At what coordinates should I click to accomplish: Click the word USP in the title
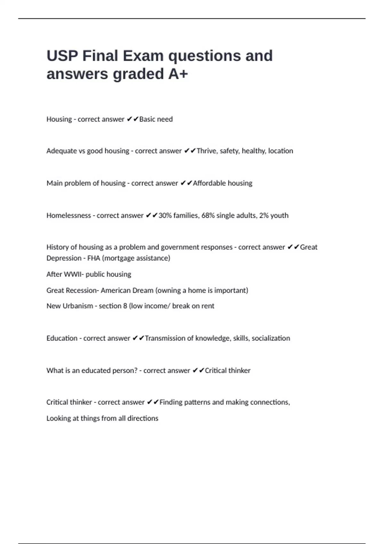pyautogui.click(x=62, y=56)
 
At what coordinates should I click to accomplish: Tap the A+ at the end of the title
pyautogui.click(x=178, y=74)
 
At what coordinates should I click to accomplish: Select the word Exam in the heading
pyautogui.click(x=143, y=56)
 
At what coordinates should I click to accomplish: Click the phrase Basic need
pyautogui.click(x=156, y=119)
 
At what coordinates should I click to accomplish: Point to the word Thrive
pyautogui.click(x=206, y=151)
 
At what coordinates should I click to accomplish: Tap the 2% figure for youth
pyautogui.click(x=264, y=216)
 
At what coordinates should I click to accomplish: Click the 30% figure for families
pyautogui.click(x=165, y=216)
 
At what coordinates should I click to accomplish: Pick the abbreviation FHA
pyautogui.click(x=94, y=258)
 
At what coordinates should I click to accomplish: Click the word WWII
pyautogui.click(x=73, y=275)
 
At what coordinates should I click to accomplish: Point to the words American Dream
pyautogui.click(x=127, y=291)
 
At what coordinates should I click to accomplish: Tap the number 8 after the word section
pyautogui.click(x=125, y=306)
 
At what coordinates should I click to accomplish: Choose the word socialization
pyautogui.click(x=271, y=339)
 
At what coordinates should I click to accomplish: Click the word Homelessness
pyautogui.click(x=68, y=216)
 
